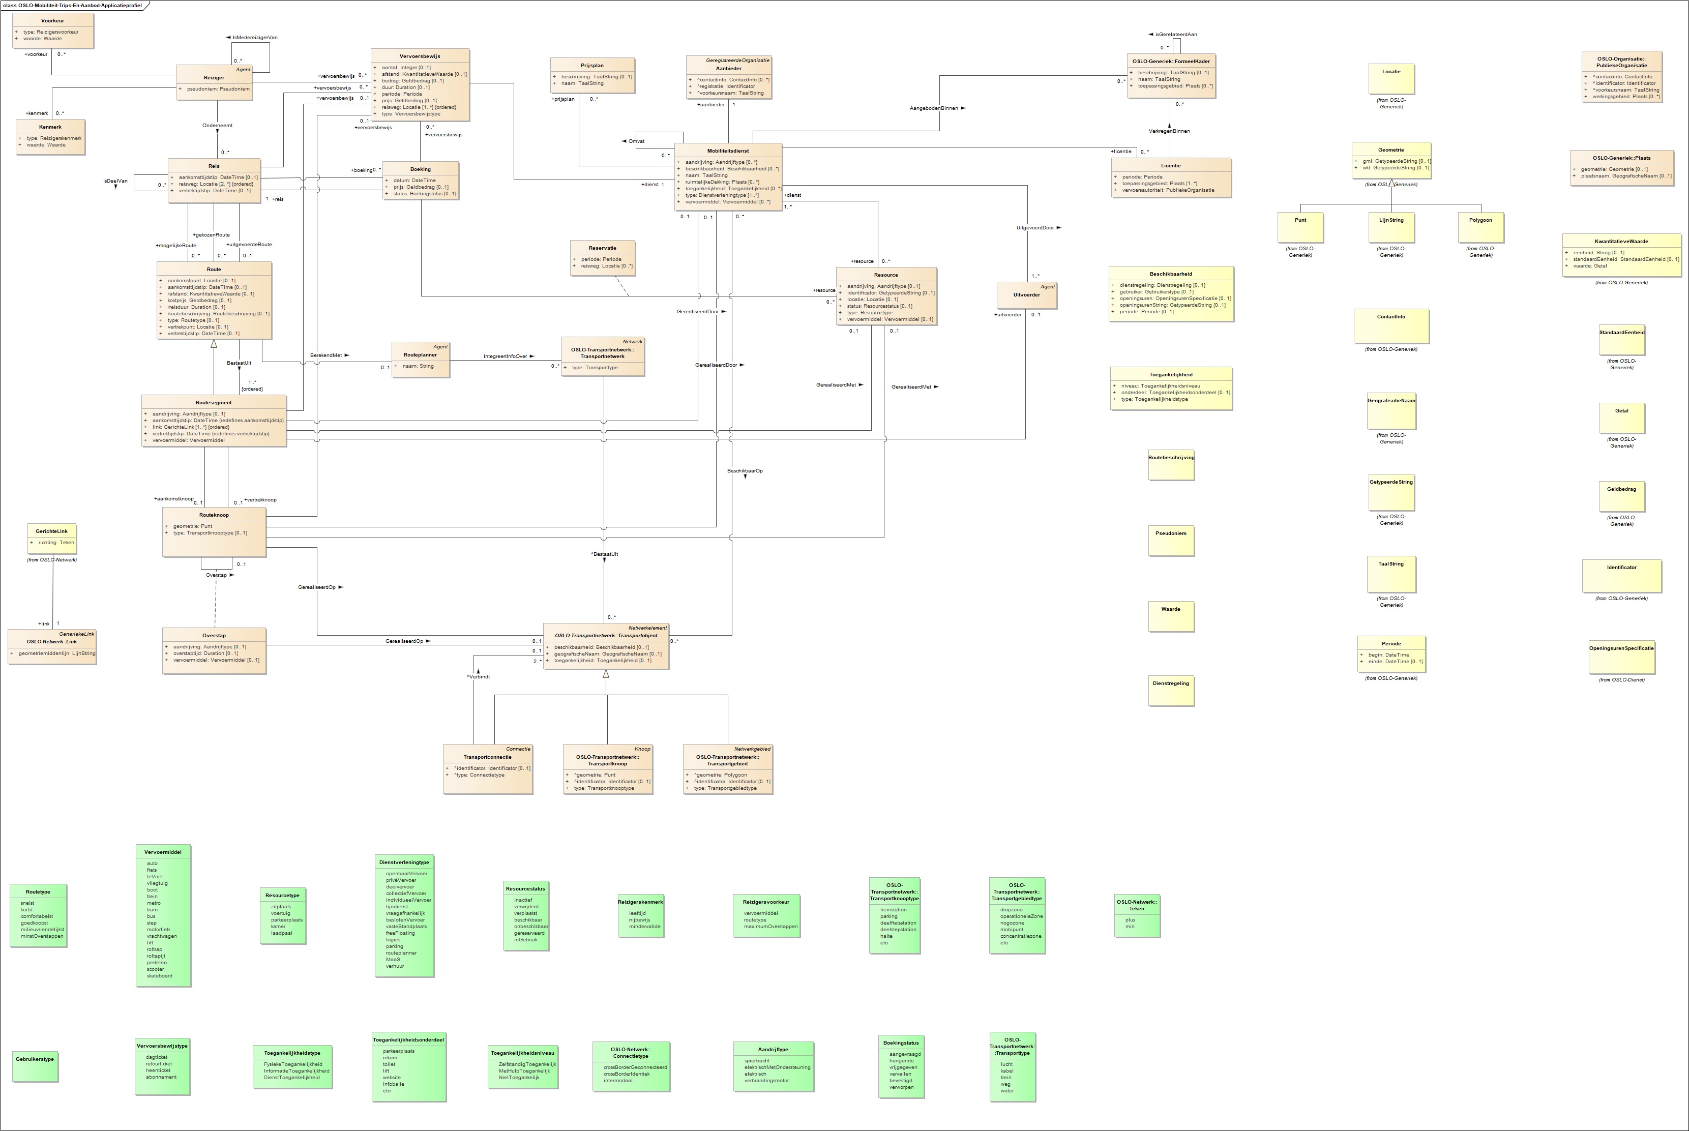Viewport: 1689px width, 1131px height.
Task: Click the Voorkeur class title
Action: coord(53,21)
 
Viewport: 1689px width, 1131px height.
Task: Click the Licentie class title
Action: coord(1170,166)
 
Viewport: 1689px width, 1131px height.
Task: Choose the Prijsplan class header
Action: coord(592,66)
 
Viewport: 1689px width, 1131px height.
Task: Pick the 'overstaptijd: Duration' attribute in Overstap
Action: coord(205,653)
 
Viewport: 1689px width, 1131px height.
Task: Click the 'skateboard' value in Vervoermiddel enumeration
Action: coord(159,976)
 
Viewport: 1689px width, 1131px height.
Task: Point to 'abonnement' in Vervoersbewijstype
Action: coord(161,1077)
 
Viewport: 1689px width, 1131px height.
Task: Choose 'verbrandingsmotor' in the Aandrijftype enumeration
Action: coord(766,1081)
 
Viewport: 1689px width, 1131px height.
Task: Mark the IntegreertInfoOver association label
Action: coord(505,356)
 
